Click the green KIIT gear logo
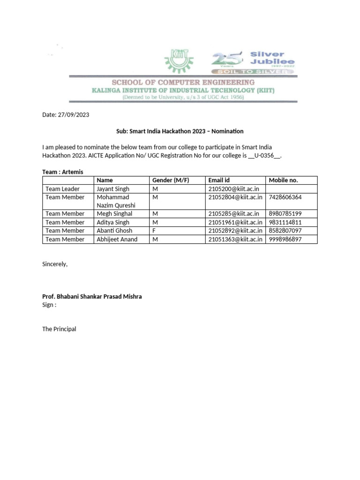(x=179, y=60)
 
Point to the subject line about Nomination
(x=180, y=131)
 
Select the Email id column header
(x=219, y=180)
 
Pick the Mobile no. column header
(x=283, y=180)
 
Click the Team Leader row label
(x=63, y=188)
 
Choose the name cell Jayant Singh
(x=113, y=188)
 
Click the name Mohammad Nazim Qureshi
(x=116, y=201)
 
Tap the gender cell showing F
(x=154, y=231)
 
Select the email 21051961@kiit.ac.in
(x=235, y=222)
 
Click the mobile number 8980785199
(x=285, y=214)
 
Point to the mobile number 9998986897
(x=285, y=239)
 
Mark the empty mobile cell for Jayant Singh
(x=291, y=188)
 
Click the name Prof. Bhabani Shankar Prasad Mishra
(x=92, y=297)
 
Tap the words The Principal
(x=59, y=329)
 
